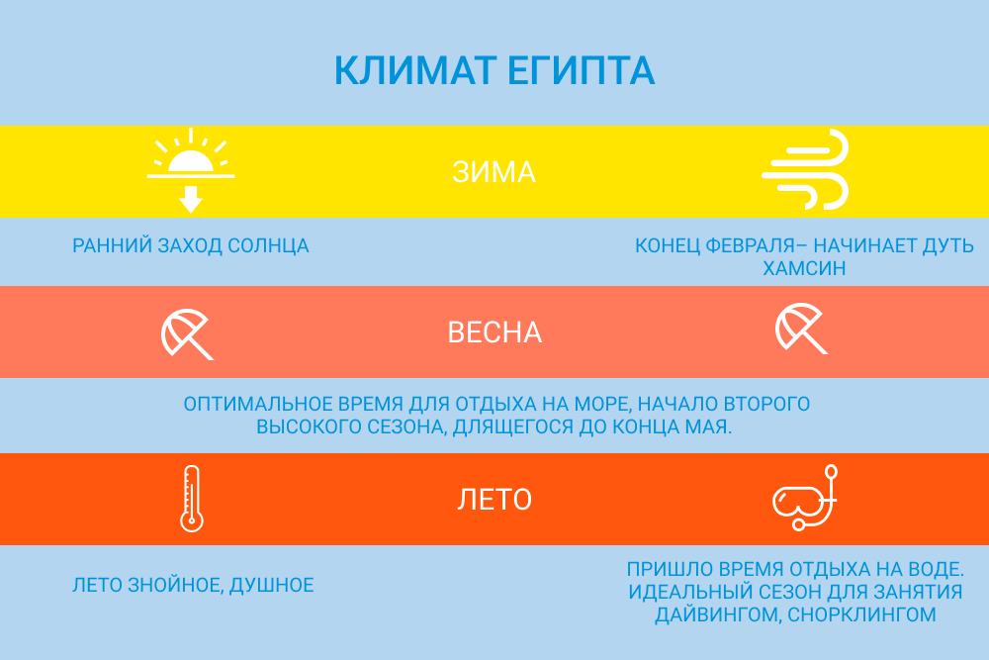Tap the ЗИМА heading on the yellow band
click(x=494, y=172)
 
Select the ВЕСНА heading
click(x=494, y=332)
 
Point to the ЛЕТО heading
click(x=494, y=500)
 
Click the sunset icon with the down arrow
click(x=191, y=170)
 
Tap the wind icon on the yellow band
click(x=805, y=169)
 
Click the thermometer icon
click(x=191, y=499)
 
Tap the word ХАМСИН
click(x=804, y=268)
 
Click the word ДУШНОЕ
click(x=272, y=585)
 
